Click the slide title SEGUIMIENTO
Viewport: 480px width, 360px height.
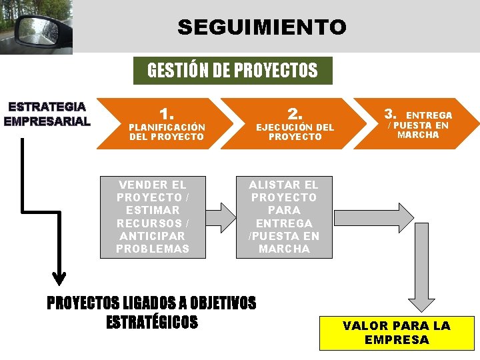(261, 27)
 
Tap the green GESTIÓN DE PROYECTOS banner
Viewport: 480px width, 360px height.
(232, 70)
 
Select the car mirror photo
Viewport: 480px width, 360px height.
(36, 27)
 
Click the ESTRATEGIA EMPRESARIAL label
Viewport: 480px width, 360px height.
(46, 114)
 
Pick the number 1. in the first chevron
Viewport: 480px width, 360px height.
(167, 114)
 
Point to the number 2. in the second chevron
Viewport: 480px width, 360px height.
(295, 114)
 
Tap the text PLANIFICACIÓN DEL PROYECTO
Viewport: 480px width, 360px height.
(167, 131)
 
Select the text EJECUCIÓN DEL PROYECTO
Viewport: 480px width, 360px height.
(295, 131)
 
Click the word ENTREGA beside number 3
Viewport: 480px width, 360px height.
(429, 115)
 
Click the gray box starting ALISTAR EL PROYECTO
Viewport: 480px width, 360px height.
(283, 217)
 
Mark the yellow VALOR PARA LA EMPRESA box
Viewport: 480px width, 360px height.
(397, 332)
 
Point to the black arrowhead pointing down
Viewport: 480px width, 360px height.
(59, 275)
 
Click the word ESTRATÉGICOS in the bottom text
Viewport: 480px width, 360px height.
(152, 322)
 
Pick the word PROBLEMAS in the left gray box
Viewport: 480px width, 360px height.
(152, 249)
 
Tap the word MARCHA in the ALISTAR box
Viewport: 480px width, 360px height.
(284, 249)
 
